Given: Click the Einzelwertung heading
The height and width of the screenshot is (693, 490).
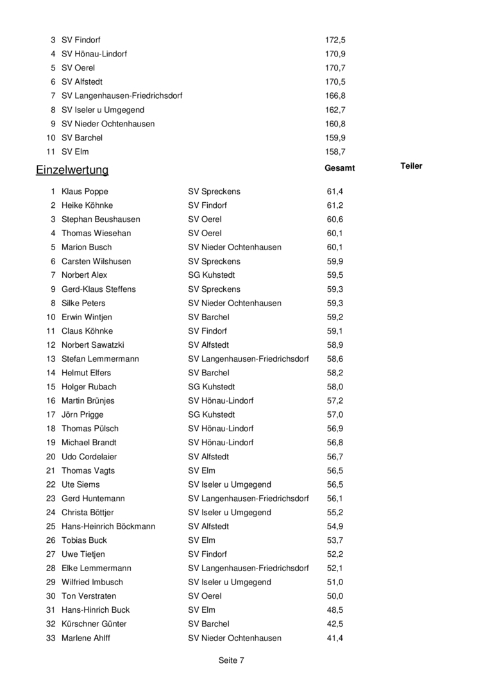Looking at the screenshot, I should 72,170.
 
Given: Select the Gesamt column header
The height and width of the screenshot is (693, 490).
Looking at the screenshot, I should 340,167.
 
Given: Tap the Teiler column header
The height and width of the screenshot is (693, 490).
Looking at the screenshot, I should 411,166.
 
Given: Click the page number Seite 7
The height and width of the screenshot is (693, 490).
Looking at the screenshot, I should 232,660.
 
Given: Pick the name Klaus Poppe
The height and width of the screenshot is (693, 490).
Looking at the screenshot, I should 85,191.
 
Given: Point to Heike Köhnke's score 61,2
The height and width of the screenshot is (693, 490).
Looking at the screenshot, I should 335,205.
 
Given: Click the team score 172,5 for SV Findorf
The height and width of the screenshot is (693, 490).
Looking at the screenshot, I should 335,40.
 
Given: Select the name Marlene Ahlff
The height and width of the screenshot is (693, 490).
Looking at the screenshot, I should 85,638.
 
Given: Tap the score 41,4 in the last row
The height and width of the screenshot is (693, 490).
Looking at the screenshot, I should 335,638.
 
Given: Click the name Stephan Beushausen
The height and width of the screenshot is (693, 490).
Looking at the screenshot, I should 101,219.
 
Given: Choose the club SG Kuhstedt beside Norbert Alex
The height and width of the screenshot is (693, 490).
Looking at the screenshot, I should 211,275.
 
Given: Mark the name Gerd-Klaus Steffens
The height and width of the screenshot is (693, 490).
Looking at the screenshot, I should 99,289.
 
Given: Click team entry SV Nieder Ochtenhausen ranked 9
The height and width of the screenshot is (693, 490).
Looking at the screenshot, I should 108,123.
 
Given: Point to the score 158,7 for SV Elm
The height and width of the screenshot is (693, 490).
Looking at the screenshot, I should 335,151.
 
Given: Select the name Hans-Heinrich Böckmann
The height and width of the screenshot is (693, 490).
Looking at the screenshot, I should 108,526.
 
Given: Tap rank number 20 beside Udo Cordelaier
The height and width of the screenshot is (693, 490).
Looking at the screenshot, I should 51,456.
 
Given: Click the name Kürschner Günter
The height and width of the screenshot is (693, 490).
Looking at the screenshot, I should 94,624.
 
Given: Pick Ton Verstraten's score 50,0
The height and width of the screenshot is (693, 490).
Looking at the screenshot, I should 335,596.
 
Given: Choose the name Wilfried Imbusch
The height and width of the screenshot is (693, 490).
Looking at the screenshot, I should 92,582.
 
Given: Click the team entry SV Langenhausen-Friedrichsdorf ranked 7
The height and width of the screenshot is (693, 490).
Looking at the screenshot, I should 122,96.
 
